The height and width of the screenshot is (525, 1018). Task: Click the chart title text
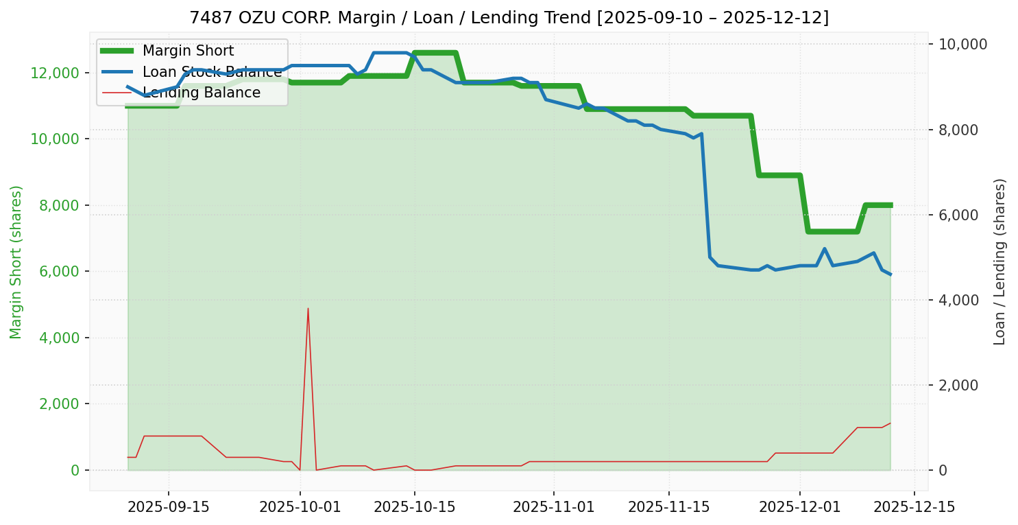coord(509,18)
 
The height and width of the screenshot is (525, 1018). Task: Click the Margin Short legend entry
coord(188,51)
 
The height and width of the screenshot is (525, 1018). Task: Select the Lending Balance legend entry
coord(202,93)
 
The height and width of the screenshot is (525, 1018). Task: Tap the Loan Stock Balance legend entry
coord(212,72)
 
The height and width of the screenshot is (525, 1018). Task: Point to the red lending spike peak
coord(308,308)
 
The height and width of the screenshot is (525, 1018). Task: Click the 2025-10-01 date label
coord(300,507)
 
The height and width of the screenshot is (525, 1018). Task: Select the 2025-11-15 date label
coord(668,507)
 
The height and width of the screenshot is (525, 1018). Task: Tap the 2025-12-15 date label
coord(913,507)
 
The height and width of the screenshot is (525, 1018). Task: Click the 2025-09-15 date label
coord(169,507)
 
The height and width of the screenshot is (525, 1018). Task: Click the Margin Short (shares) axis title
coord(16,262)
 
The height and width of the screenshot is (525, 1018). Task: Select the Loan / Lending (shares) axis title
coord(999,261)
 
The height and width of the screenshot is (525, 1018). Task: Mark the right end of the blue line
coord(890,275)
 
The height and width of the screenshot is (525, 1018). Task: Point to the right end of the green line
coord(890,205)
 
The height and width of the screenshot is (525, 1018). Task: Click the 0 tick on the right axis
coord(943,470)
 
